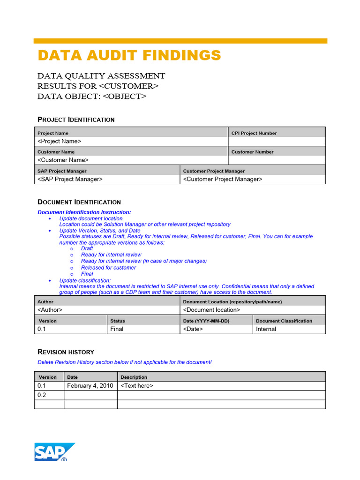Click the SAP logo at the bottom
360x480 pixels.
[x=54, y=452]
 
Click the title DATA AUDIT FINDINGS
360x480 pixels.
[x=129, y=55]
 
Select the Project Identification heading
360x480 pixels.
[x=76, y=120]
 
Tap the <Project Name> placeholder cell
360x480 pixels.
[x=60, y=141]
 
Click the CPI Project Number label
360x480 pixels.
[x=254, y=133]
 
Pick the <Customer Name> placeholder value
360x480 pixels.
[x=63, y=160]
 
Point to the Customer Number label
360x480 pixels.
[x=252, y=152]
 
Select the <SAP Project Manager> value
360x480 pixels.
[x=70, y=179]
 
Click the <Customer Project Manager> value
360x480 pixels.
[x=223, y=179]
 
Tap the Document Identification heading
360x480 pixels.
[x=79, y=202]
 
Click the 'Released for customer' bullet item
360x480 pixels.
[x=108, y=268]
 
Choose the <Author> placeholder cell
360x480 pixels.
[x=50, y=310]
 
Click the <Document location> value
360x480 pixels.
[x=211, y=310]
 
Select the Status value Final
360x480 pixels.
[x=117, y=329]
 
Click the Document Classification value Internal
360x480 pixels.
[x=266, y=329]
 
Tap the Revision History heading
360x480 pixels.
[x=66, y=352]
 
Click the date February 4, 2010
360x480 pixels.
[x=90, y=386]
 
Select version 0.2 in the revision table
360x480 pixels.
[x=42, y=395]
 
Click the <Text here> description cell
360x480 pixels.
[x=137, y=386]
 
